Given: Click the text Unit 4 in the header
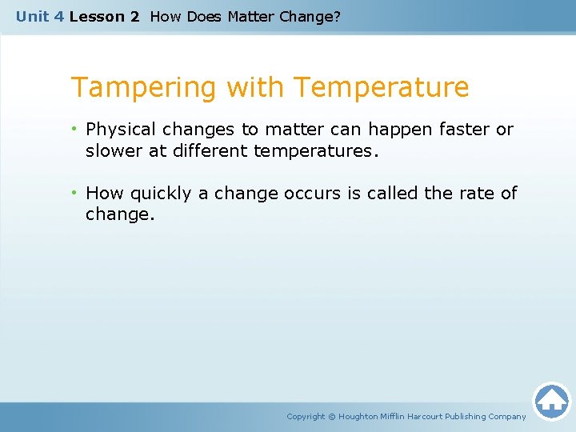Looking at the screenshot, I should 40,16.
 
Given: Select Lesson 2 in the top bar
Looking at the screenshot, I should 105,16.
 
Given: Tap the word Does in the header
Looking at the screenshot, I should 204,16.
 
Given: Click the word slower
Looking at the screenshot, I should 114,150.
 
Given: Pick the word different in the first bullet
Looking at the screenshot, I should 210,150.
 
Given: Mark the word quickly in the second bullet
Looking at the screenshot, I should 158,194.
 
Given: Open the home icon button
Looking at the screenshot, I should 551,400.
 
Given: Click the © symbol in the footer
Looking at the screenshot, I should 332,417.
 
